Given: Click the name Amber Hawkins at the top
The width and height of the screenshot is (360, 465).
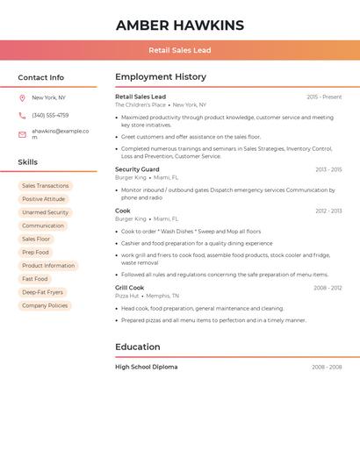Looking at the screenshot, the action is (x=180, y=25).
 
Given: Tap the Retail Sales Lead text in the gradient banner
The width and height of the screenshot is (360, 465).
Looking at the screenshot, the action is (x=180, y=50).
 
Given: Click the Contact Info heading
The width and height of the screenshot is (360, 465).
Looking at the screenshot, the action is (x=40, y=77).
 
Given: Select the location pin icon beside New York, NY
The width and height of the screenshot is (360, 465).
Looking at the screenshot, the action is (x=22, y=97).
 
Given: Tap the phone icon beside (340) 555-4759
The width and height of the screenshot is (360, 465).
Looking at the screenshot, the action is (x=22, y=115).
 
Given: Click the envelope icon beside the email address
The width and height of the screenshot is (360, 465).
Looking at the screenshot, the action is (x=22, y=133).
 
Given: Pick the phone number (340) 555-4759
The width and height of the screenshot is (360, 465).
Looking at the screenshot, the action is (x=50, y=115).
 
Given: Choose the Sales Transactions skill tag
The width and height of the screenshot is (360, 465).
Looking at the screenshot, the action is (x=45, y=186).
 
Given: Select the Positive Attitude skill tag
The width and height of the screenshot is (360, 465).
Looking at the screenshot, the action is (x=43, y=199).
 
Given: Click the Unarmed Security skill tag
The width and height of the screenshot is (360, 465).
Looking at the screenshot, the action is (x=45, y=212).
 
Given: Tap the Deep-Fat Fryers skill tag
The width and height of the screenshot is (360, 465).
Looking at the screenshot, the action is (x=42, y=292).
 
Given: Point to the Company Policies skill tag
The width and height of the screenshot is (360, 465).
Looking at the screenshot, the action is (x=45, y=305).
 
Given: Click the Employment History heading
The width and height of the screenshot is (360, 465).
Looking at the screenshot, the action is (x=161, y=77).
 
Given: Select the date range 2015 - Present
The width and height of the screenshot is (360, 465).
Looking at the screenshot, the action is (x=324, y=97).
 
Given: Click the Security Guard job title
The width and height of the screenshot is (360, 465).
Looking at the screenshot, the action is (x=137, y=169).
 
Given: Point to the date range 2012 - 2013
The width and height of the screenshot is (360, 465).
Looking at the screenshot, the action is (x=328, y=211).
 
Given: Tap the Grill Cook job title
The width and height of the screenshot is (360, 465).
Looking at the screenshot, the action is (x=129, y=288).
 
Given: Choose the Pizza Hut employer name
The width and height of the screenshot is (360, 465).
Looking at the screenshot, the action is (x=126, y=296).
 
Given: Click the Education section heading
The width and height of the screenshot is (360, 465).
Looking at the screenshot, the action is (x=137, y=347).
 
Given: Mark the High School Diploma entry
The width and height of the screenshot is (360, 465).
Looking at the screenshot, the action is (x=146, y=367).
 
